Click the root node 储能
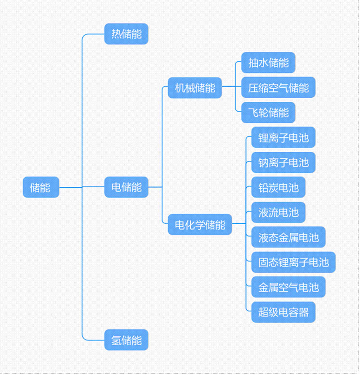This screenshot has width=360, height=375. (x=41, y=187)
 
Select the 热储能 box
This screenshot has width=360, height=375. (x=126, y=34)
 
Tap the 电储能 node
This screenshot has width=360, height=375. (x=126, y=187)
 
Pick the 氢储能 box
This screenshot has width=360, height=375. (x=126, y=340)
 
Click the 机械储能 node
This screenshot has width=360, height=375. (x=195, y=88)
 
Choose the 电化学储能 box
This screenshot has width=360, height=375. (x=200, y=225)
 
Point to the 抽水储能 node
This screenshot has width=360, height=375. (x=268, y=63)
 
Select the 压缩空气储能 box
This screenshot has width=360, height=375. (x=278, y=87)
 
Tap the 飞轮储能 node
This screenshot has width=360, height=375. (x=268, y=113)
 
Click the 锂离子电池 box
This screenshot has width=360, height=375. (x=283, y=137)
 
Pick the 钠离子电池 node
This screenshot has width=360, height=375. (x=283, y=163)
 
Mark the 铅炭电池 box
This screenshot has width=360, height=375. (x=278, y=187)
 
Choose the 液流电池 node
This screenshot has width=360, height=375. (x=278, y=212)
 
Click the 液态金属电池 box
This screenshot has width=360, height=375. (x=288, y=237)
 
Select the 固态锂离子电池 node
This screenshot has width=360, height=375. (x=293, y=262)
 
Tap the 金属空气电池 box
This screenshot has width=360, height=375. (x=288, y=287)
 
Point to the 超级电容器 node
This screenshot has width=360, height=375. (x=283, y=312)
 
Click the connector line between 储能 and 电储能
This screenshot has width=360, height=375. (x=82, y=187)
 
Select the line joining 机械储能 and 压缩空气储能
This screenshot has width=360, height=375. (x=232, y=86)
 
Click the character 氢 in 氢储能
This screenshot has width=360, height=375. (x=116, y=340)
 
